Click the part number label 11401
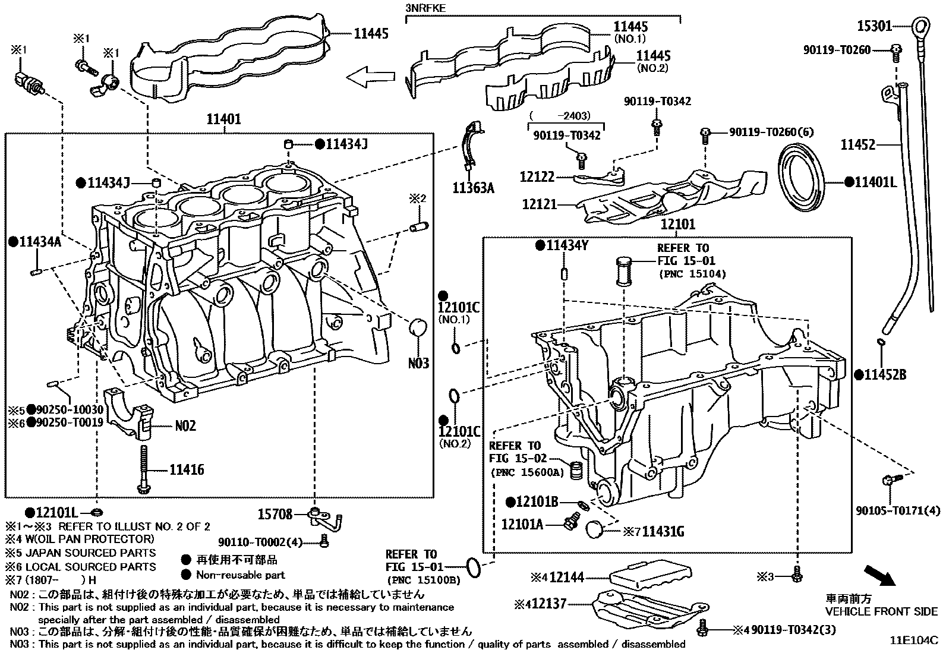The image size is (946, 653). [x=223, y=119]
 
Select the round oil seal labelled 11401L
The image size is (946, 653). [x=801, y=178]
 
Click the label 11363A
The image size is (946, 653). [x=473, y=188]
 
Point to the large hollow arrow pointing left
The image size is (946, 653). [x=370, y=77]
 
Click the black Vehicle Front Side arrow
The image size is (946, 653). [x=879, y=576]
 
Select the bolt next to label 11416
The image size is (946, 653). [x=143, y=469]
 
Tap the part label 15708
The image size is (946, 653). [x=275, y=514]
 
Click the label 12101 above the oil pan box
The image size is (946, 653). [x=678, y=224]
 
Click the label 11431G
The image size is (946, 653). [x=663, y=532]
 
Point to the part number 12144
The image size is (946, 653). [x=567, y=577]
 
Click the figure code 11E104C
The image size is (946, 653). [x=914, y=640]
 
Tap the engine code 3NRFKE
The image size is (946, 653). [x=425, y=8]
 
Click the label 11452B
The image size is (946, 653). [x=885, y=375]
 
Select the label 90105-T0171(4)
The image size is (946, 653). [x=898, y=510]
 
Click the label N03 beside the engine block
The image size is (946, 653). [x=418, y=363]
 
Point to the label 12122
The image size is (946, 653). [x=537, y=176]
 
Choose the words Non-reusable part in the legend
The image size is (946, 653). [x=240, y=575]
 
